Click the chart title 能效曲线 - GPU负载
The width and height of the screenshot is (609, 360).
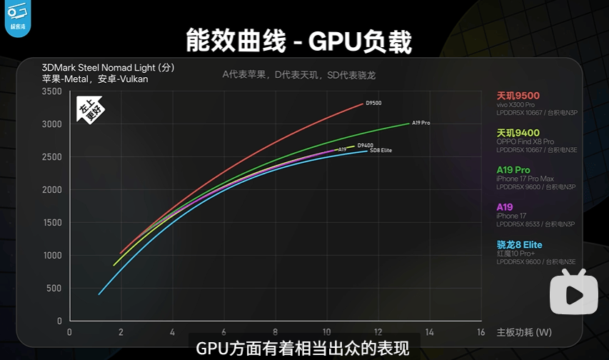click(298, 41)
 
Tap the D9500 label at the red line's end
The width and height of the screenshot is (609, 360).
click(373, 104)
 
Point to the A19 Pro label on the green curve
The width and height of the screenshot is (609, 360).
click(421, 123)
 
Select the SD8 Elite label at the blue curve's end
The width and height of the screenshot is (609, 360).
click(381, 150)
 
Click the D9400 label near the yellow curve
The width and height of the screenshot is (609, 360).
click(365, 145)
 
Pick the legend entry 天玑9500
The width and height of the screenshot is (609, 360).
click(518, 96)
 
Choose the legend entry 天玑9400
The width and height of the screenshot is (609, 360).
click(518, 132)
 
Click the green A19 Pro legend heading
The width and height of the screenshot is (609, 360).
click(513, 169)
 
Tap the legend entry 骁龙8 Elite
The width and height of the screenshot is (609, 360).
click(519, 244)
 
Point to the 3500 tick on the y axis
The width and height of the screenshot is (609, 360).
click(52, 91)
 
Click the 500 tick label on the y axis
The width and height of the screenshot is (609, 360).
click(54, 289)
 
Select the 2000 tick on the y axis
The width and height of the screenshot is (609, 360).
click(52, 190)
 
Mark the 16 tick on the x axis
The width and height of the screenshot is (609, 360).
click(480, 332)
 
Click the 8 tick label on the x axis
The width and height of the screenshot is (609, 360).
click(275, 332)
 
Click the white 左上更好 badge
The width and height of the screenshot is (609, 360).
click(91, 109)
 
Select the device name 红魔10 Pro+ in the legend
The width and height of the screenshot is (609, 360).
click(515, 254)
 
